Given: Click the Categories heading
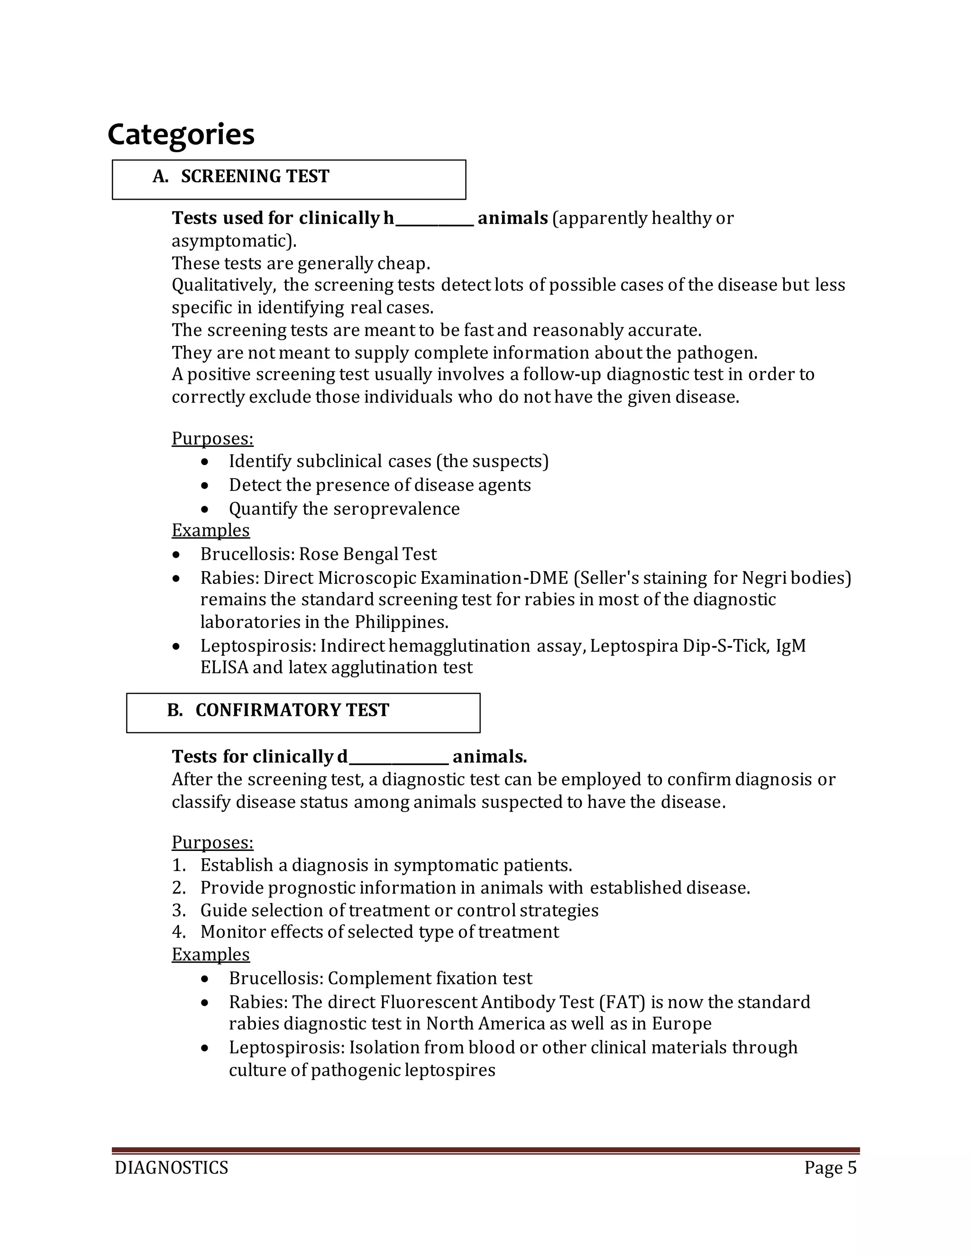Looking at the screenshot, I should (181, 135).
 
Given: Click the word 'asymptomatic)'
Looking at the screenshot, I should (234, 241).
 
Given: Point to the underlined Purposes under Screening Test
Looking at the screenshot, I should (212, 439).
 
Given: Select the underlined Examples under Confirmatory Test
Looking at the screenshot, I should (211, 955).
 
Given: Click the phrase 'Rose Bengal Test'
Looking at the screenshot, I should (367, 554).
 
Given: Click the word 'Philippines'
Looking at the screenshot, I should (401, 622).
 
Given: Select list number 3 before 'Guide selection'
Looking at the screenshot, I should (178, 911).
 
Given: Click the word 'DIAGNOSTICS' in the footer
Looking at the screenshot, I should (172, 1168).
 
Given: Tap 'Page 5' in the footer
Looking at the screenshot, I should (830, 1168).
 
